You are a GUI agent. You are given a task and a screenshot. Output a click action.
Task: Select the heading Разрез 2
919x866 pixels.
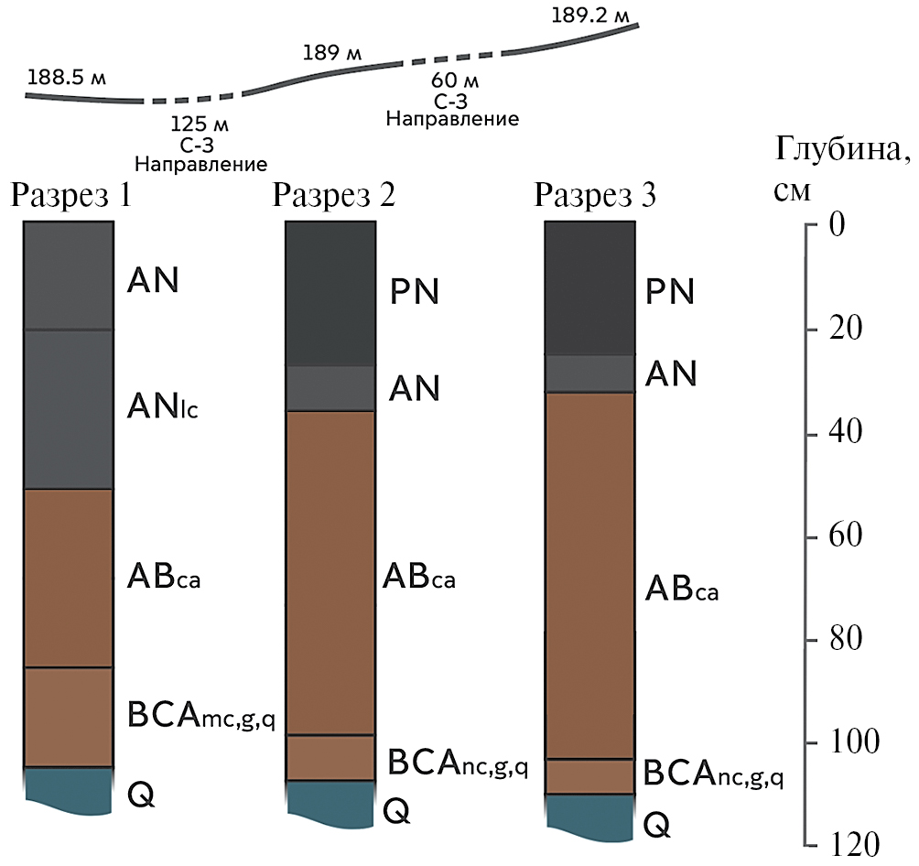tap(333, 196)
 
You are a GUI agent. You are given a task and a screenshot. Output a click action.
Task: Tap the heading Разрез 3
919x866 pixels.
tap(595, 196)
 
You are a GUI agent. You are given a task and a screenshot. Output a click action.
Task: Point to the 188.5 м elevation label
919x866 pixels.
tap(67, 78)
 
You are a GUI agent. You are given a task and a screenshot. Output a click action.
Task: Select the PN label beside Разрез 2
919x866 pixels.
tap(414, 292)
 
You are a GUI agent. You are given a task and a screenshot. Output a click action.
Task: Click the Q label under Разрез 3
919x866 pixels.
tap(656, 825)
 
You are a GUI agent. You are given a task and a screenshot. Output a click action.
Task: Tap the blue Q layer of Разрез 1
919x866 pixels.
tap(69, 789)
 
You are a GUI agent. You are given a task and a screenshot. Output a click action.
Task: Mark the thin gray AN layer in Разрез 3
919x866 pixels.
tap(590, 373)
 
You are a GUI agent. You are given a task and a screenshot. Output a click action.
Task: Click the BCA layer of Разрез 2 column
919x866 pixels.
tap(330, 757)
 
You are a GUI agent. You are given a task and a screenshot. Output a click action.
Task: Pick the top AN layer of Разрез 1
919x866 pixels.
tap(69, 276)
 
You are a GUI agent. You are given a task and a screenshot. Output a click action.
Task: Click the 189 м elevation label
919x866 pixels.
tap(331, 52)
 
